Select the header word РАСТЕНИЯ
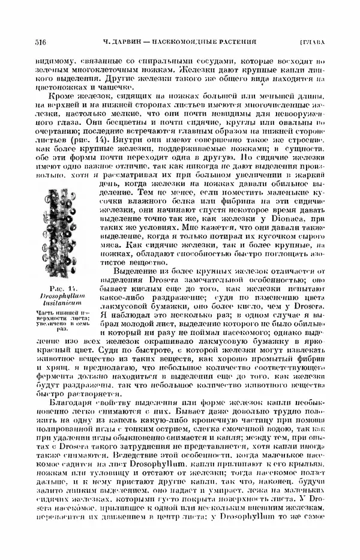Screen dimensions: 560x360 236,42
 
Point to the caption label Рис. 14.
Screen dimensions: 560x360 62,291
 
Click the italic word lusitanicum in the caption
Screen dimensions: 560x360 63,305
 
